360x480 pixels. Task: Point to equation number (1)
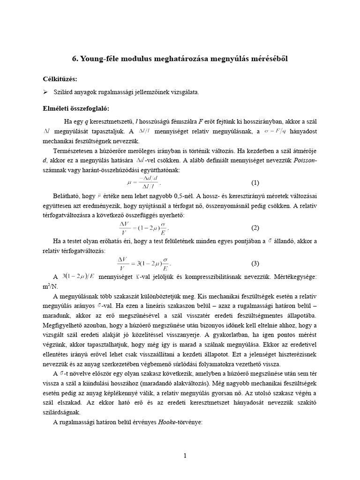(255, 182)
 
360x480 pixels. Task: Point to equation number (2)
(255, 228)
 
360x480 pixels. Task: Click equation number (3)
(255, 263)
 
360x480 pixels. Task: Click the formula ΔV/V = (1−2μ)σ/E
(143, 228)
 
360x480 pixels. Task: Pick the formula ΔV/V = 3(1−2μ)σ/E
(143, 263)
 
